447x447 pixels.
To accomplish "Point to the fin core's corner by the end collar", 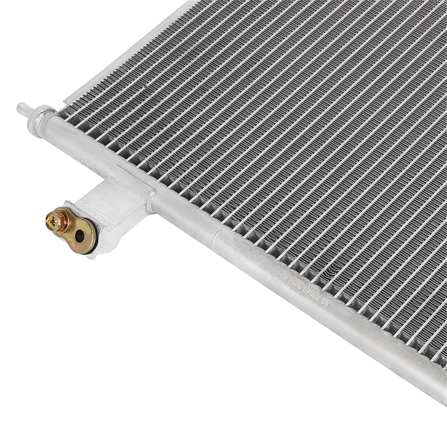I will point(65,114).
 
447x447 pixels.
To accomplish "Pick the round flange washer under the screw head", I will point(59,220).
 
